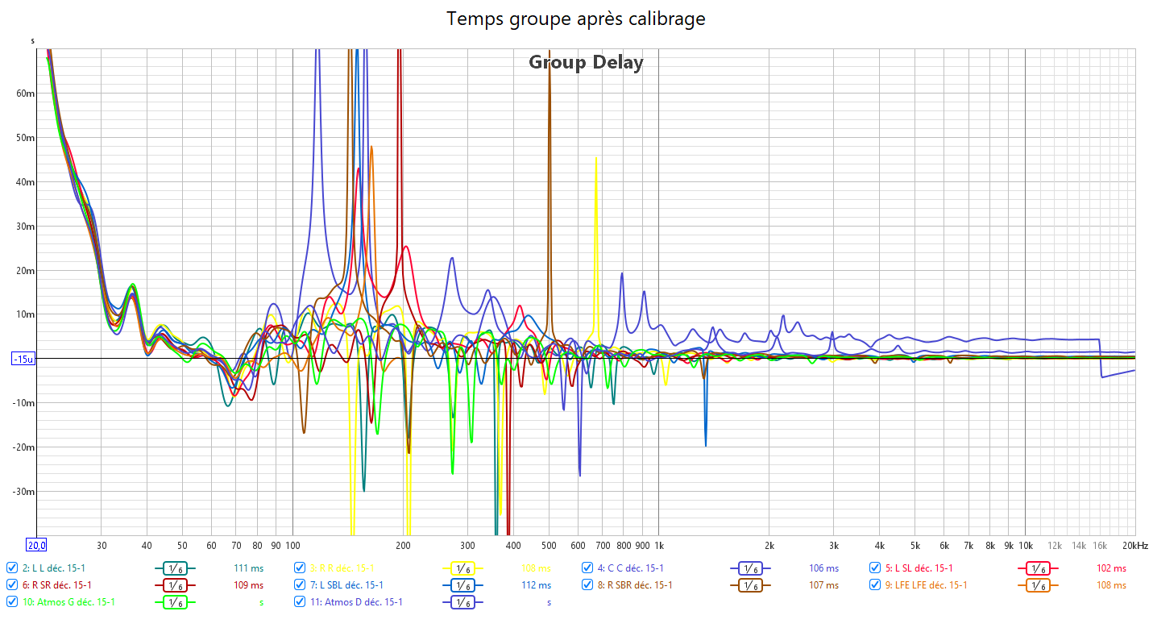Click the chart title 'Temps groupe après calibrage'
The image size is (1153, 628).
(x=576, y=19)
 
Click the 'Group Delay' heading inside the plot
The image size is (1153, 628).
(x=586, y=62)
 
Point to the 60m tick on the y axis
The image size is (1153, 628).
(x=26, y=94)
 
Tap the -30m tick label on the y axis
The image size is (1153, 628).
(x=23, y=492)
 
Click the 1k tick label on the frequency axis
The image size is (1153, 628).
(x=658, y=545)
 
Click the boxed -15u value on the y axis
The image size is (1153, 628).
(x=23, y=359)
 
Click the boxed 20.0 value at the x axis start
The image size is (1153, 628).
(x=37, y=545)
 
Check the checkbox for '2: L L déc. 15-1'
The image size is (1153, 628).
(x=11, y=568)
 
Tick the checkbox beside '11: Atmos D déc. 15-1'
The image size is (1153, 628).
(x=300, y=601)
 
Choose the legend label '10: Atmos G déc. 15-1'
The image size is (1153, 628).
(x=68, y=601)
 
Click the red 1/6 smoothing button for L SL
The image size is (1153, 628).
(x=1039, y=568)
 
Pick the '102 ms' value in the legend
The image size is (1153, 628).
(x=1111, y=568)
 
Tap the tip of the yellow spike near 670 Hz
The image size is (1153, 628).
(x=595, y=158)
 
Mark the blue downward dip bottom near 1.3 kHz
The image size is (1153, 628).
(x=706, y=445)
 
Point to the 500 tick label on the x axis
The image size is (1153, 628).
(x=549, y=545)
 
